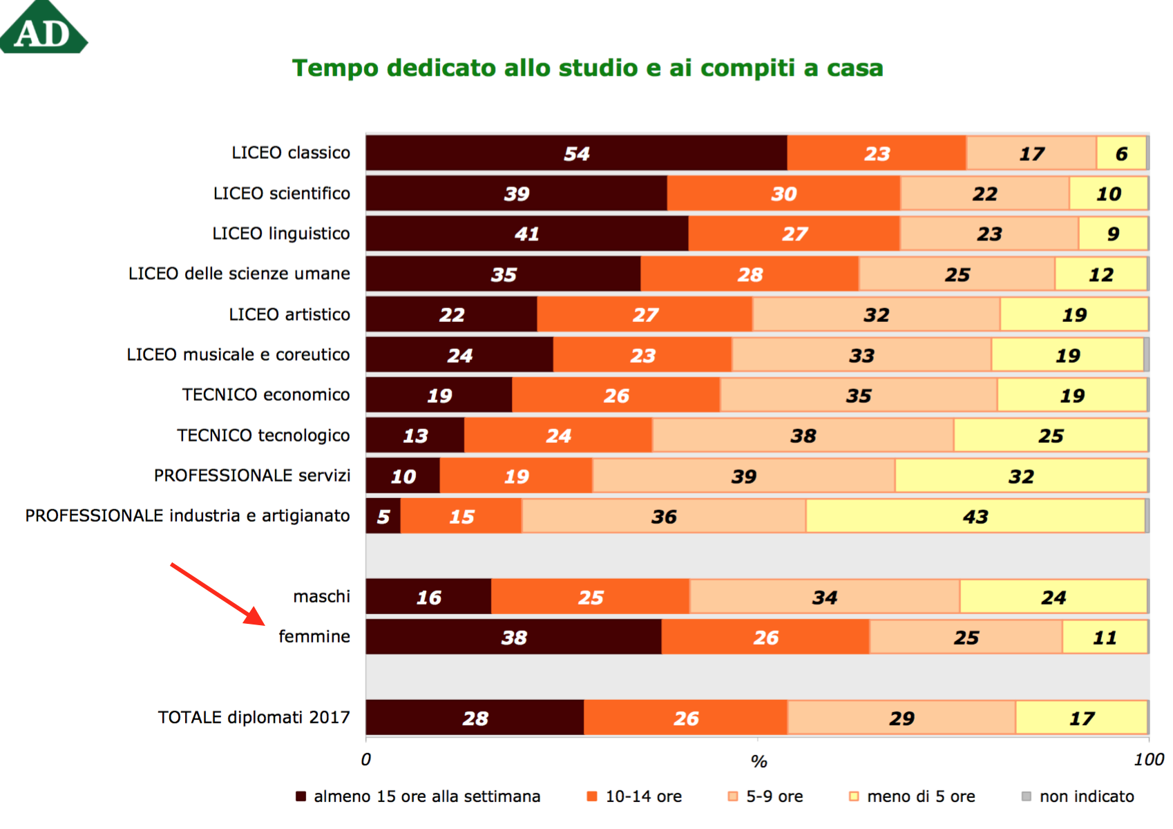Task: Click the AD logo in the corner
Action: pyautogui.click(x=43, y=29)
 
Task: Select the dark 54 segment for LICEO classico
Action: pyautogui.click(x=576, y=153)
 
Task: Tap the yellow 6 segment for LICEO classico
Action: pyautogui.click(x=1121, y=153)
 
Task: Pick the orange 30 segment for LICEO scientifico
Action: pyautogui.click(x=783, y=193)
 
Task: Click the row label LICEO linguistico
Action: pyautogui.click(x=280, y=234)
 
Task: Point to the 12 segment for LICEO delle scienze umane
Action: pyautogui.click(x=1100, y=274)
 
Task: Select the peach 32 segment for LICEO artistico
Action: pyautogui.click(x=876, y=315)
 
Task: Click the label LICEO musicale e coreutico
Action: pyautogui.click(x=238, y=354)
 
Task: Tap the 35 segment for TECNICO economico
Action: pyautogui.click(x=859, y=395)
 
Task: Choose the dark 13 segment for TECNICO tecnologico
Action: pyautogui.click(x=415, y=435)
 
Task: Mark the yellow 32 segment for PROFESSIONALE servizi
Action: pyautogui.click(x=1021, y=476)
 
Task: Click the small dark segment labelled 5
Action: pyautogui.click(x=383, y=516)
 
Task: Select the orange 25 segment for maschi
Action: pyautogui.click(x=591, y=597)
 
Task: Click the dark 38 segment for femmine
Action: pyautogui.click(x=514, y=637)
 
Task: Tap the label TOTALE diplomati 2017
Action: pyautogui.click(x=254, y=717)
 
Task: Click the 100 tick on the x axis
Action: pyautogui.click(x=1148, y=760)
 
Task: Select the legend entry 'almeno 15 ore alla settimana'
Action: pyautogui.click(x=418, y=797)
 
